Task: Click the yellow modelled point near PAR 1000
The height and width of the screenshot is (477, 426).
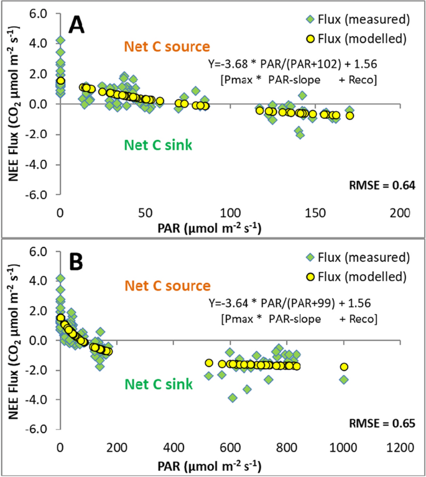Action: pyautogui.click(x=344, y=367)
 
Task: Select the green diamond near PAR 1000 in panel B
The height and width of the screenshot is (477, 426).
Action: pyautogui.click(x=344, y=379)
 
